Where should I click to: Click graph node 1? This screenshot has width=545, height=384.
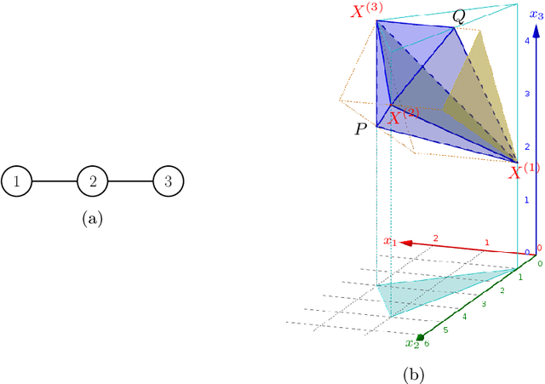point(16,181)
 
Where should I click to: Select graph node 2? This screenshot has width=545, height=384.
point(92,181)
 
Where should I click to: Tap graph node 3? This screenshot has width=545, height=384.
point(169,181)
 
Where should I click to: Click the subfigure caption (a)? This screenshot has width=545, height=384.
point(92,220)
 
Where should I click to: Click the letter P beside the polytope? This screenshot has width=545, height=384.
point(362,129)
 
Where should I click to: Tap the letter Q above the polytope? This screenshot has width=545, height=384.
point(458,17)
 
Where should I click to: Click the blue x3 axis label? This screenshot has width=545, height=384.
point(535,14)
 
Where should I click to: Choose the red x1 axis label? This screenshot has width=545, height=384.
point(389,243)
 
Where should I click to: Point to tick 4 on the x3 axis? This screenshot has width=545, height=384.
point(528,41)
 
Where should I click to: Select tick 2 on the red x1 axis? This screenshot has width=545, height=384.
point(435,238)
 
